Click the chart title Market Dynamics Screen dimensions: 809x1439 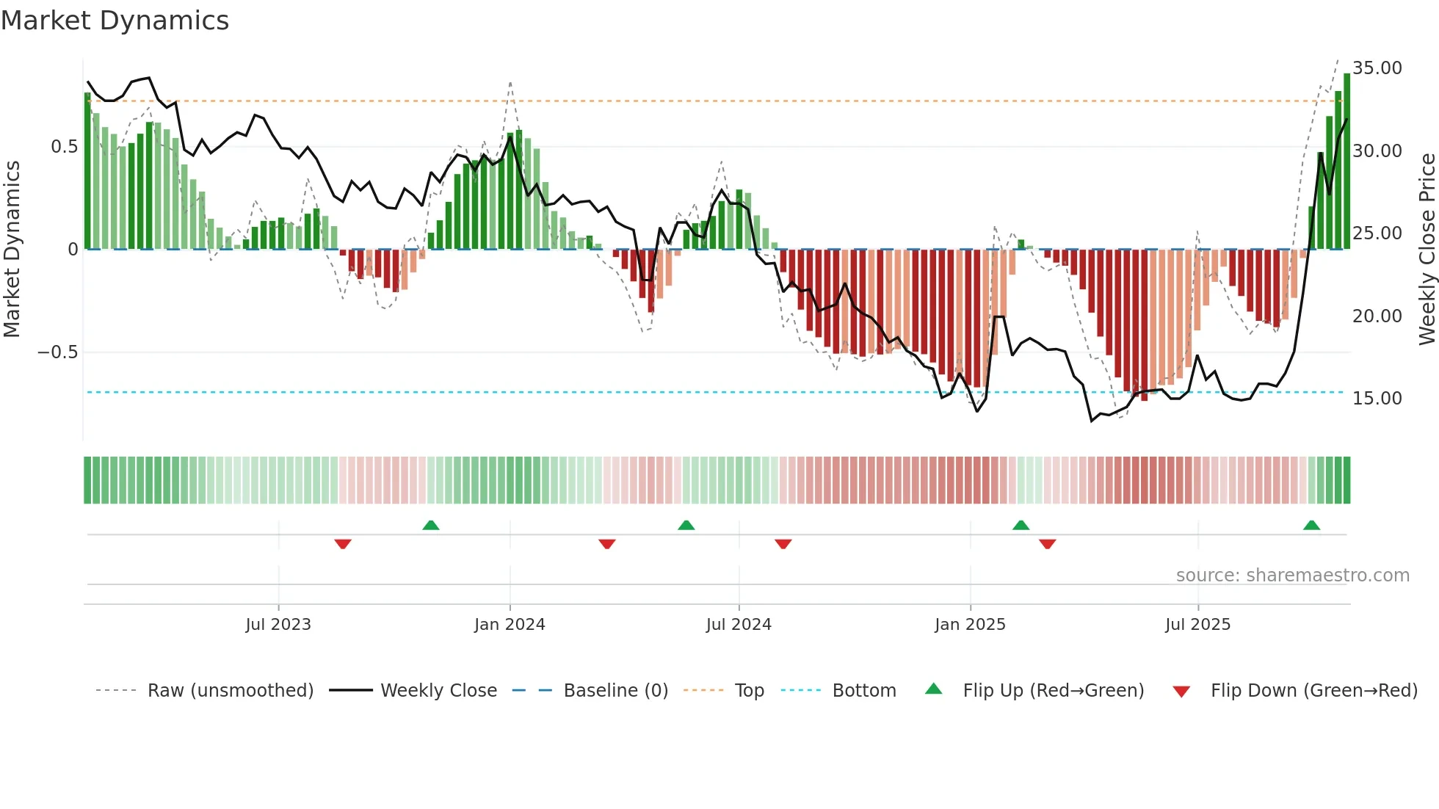115,21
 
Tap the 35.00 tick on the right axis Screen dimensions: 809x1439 1377,68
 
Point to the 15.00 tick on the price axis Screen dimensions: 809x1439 1377,399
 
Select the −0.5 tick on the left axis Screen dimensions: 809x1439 57,352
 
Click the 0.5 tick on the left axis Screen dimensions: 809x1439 64,147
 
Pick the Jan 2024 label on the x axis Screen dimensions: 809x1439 510,625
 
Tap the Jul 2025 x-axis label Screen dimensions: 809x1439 1197,625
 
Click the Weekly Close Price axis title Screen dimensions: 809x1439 1427,250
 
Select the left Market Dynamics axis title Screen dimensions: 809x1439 12,250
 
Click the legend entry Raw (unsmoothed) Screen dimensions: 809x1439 230,691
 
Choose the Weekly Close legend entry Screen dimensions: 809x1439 438,691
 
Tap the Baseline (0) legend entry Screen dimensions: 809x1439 615,691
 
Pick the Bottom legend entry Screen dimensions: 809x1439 863,691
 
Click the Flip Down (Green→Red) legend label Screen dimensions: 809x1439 1313,691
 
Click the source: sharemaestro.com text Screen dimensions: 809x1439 1292,576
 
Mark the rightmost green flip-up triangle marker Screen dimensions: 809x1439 1311,526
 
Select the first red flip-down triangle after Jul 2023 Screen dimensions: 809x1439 343,544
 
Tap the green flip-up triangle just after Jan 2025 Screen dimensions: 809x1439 1021,526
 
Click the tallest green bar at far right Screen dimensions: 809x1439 1346,162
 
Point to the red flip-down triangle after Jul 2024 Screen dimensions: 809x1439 783,544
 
